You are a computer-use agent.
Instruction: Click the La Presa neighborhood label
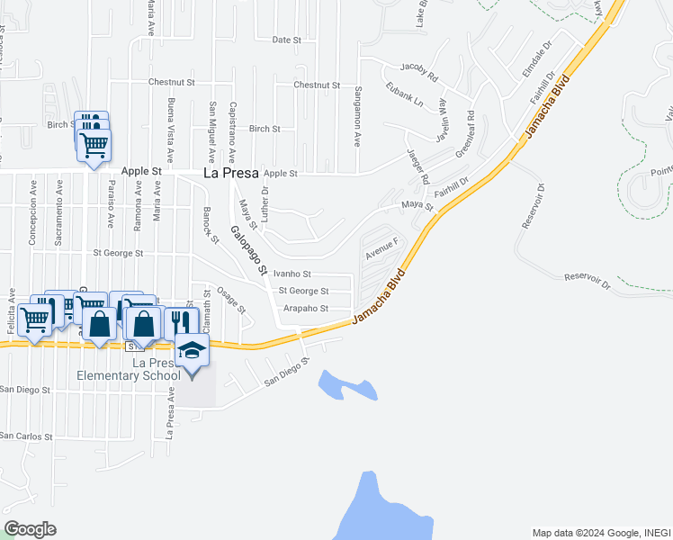(x=231, y=172)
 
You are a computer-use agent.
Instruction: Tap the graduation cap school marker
(x=192, y=349)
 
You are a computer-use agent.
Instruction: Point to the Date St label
(x=285, y=40)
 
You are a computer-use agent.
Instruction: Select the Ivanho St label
(x=292, y=274)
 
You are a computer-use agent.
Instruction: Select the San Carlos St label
(x=26, y=436)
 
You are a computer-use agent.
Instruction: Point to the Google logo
(x=30, y=528)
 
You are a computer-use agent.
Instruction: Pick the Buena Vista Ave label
(x=170, y=123)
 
